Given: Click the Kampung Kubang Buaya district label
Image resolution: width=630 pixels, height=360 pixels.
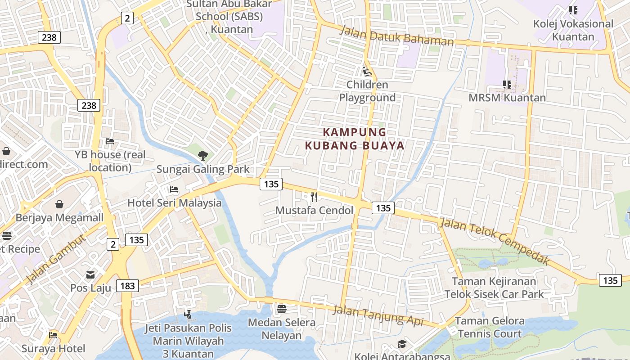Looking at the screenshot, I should pyautogui.click(x=355, y=139).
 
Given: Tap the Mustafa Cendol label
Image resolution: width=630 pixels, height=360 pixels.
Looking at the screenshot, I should pyautogui.click(x=314, y=210).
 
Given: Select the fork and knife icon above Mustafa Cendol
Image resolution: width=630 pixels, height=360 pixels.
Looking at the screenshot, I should pyautogui.click(x=314, y=197).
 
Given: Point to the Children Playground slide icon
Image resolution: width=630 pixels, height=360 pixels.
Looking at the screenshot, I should pyautogui.click(x=367, y=71).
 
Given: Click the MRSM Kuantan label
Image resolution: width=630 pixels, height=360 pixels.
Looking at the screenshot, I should pyautogui.click(x=507, y=98).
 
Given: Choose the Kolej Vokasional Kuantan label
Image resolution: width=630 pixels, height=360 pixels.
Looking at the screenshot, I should pyautogui.click(x=573, y=30).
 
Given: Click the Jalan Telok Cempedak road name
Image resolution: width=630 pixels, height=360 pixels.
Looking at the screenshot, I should pyautogui.click(x=495, y=241).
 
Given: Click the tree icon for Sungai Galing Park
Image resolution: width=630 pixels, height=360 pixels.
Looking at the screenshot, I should pyautogui.click(x=203, y=156).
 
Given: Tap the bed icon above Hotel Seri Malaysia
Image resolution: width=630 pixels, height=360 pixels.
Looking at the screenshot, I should pyautogui.click(x=174, y=189).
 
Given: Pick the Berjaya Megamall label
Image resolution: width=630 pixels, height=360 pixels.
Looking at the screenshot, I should pyautogui.click(x=59, y=218).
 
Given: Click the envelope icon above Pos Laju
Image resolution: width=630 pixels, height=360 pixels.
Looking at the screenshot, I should pyautogui.click(x=90, y=274).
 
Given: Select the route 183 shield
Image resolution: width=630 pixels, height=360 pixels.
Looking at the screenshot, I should pyautogui.click(x=127, y=286).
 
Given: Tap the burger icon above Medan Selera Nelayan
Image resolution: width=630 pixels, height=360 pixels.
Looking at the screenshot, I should pyautogui.click(x=282, y=309).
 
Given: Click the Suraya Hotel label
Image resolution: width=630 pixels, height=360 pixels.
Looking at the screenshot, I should pyautogui.click(x=53, y=348).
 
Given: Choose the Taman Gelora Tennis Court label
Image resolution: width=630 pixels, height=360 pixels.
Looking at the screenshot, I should pyautogui.click(x=490, y=327).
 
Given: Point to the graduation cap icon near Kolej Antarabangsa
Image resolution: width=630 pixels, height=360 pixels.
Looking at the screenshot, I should pyautogui.click(x=401, y=344).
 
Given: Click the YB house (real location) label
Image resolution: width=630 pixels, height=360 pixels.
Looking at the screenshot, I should pyautogui.click(x=110, y=161).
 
